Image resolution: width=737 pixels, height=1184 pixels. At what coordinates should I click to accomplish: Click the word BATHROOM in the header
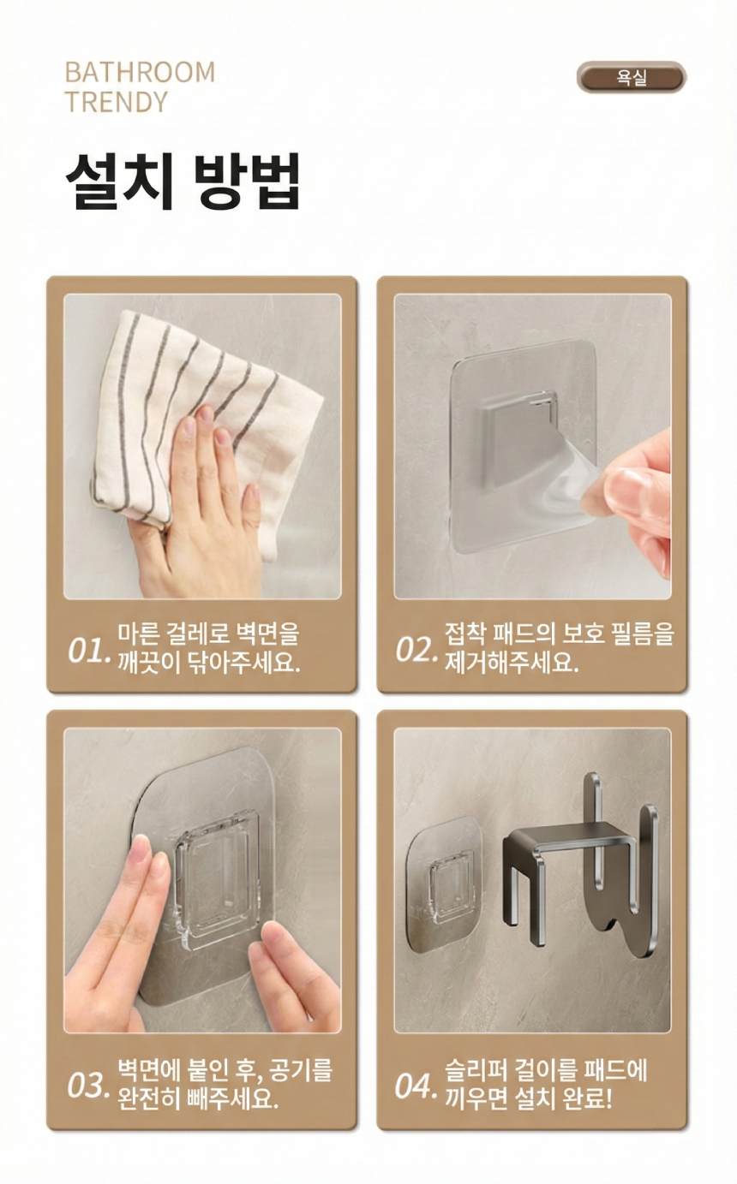[x=141, y=73]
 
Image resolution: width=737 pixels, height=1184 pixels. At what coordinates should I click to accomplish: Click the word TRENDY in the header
[x=117, y=102]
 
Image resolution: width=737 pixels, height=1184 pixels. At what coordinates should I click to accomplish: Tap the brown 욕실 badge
[x=632, y=78]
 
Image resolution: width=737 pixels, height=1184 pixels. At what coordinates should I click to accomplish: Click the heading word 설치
[x=119, y=181]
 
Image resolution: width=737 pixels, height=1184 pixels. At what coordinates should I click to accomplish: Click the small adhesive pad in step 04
[x=442, y=884]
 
